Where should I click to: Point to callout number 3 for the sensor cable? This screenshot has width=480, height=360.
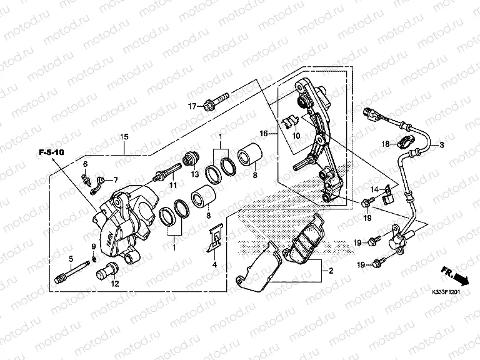[441, 146]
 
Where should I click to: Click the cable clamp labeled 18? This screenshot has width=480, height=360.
[406, 141]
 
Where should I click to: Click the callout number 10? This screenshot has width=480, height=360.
[296, 136]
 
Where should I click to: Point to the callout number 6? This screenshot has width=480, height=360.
[86, 164]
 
